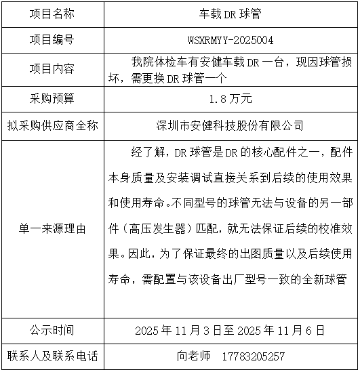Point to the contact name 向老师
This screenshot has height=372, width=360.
(x=194, y=356)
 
